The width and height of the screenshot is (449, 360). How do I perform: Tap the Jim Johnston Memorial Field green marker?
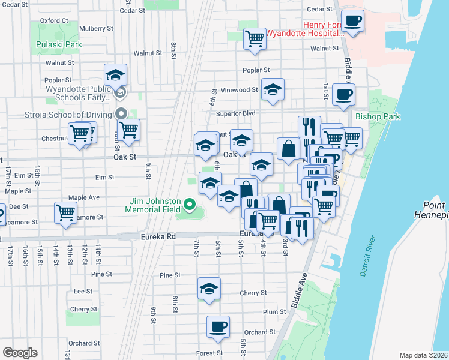(190, 206)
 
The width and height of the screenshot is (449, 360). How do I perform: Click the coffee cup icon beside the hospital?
(352, 21)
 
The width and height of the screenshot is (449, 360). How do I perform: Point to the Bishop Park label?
(378, 116)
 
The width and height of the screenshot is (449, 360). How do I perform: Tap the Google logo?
(20, 353)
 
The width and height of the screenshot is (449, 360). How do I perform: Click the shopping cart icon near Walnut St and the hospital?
(255, 38)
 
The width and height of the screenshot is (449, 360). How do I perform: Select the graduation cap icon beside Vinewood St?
(273, 91)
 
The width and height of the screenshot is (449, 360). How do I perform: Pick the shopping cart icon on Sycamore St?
(65, 212)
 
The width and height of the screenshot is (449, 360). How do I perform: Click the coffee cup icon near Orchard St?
(218, 327)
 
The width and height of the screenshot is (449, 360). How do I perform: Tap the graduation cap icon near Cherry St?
(209, 289)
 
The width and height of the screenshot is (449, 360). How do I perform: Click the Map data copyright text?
(423, 355)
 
